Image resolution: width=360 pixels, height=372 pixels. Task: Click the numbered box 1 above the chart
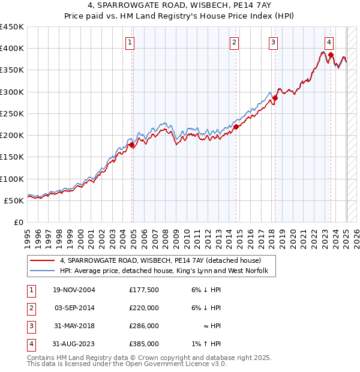click(130, 42)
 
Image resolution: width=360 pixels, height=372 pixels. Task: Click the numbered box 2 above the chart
click(233, 42)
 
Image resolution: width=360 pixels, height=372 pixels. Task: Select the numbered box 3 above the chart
click(273, 42)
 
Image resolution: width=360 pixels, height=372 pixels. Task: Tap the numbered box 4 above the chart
click(329, 42)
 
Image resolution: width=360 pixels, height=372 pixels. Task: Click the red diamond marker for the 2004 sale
click(132, 145)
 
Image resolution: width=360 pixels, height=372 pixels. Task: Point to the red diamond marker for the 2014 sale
click(236, 127)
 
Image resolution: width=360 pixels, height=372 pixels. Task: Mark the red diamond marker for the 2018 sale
click(275, 98)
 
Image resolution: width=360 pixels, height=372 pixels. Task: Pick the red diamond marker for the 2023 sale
click(331, 55)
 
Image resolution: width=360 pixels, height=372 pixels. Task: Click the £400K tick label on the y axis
click(12, 49)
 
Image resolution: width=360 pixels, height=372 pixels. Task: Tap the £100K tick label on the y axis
click(12, 179)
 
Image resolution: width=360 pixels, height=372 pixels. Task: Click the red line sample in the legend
click(41, 261)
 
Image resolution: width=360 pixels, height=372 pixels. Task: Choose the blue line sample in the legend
click(41, 271)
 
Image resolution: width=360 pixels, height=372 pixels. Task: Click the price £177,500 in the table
click(143, 290)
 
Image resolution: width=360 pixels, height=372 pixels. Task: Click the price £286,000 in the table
click(143, 326)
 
